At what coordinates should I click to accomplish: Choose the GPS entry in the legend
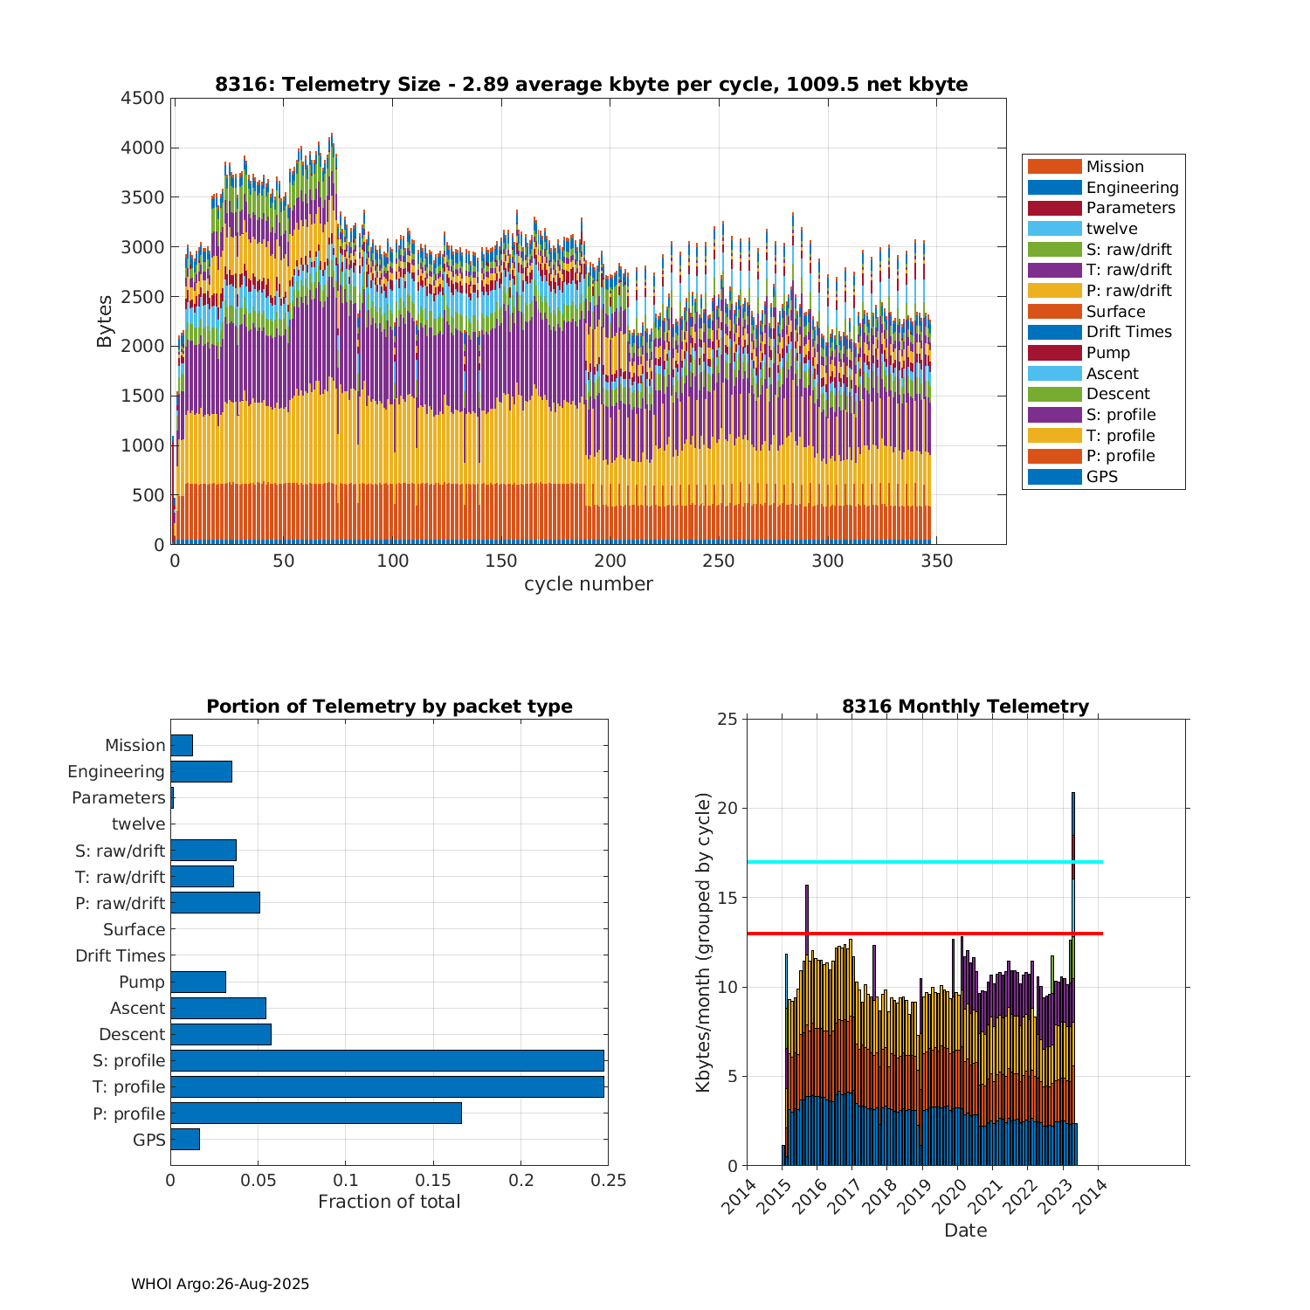[1101, 477]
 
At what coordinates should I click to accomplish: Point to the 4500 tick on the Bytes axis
[142, 98]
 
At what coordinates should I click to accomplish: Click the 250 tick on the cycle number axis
[719, 561]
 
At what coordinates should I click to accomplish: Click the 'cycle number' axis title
[588, 584]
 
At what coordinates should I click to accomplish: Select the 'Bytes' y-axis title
[105, 321]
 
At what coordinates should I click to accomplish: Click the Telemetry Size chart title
[591, 85]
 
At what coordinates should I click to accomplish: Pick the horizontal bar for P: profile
[315, 1113]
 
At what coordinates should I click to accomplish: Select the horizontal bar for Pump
[198, 982]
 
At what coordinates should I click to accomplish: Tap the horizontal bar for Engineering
[201, 771]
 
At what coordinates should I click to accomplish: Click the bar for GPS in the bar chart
[185, 1139]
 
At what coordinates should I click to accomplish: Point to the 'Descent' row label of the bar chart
[132, 1035]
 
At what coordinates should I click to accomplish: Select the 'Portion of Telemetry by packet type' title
[390, 707]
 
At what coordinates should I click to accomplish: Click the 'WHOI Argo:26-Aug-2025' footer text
[220, 1284]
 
